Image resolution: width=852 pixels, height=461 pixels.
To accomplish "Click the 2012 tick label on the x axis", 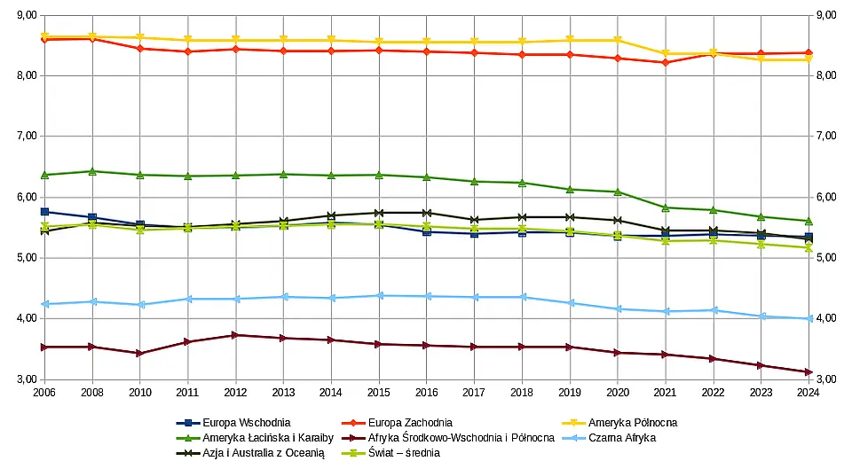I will pyautogui.click(x=235, y=391).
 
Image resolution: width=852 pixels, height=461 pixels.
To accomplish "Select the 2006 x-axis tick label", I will pyautogui.click(x=44, y=391).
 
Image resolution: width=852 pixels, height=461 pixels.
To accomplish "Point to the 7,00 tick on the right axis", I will pyautogui.click(x=826, y=137).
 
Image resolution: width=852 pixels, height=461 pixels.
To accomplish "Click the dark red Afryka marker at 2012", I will pyautogui.click(x=235, y=335).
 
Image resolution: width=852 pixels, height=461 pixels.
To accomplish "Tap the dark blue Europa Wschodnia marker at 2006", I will pyautogui.click(x=44, y=212).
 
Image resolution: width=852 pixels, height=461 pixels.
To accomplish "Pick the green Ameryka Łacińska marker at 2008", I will pyautogui.click(x=92, y=171).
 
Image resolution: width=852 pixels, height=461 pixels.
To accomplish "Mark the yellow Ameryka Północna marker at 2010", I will pyautogui.click(x=140, y=37).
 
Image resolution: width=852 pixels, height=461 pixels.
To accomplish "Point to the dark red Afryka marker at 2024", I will pyautogui.click(x=808, y=372).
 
